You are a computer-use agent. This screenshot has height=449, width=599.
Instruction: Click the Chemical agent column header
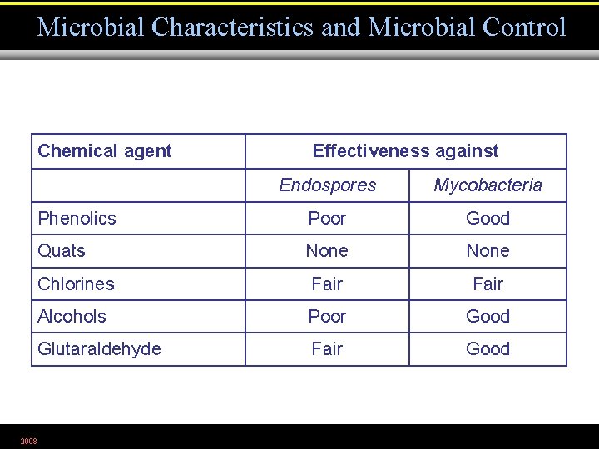[105, 151]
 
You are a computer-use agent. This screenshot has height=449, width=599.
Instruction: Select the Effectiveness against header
[405, 151]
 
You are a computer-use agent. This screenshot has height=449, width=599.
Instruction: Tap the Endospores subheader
[327, 185]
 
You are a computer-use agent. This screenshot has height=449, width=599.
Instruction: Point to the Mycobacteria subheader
[488, 185]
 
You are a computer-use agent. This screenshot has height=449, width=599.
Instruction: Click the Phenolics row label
[77, 219]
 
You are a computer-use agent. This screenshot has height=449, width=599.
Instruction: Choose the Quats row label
[62, 251]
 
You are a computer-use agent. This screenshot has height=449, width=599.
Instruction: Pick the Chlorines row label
[76, 284]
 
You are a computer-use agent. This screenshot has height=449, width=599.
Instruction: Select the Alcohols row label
[72, 316]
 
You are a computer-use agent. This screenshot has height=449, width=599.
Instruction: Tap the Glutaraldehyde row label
[99, 349]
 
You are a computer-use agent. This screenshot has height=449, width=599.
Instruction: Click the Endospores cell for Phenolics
[327, 219]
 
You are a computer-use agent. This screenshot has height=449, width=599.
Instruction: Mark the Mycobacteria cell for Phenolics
[488, 219]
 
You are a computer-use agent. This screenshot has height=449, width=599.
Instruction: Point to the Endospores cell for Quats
[327, 251]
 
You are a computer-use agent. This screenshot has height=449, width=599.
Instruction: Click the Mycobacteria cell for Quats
[488, 251]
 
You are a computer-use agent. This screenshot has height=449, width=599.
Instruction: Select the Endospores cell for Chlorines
[327, 284]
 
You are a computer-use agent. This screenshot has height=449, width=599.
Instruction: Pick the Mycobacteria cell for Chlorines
[488, 284]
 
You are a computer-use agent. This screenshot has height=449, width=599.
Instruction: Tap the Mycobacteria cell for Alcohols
[488, 316]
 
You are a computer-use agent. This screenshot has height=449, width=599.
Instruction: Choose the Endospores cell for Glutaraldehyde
[327, 349]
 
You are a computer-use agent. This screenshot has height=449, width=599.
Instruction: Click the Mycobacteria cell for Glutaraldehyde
[488, 349]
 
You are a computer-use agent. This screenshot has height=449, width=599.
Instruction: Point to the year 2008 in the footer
[29, 441]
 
